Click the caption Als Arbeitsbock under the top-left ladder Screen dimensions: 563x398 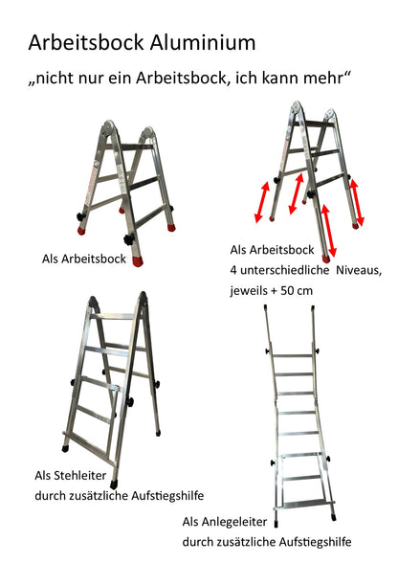(85, 259)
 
